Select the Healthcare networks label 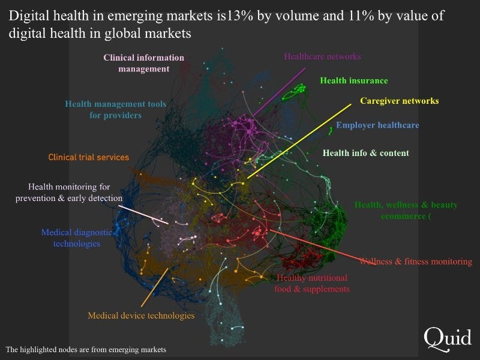pos(322,56)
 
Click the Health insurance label pos(353,80)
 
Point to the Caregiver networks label pos(399,101)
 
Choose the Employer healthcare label pos(377,125)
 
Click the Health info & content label pos(365,153)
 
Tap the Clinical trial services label pos(89,157)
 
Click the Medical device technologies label pos(141,316)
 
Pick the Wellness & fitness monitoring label pos(415,262)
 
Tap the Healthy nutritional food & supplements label pos(312,283)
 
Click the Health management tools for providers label pos(116,109)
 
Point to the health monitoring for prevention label pos(69,192)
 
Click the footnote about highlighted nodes pos(86,349)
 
